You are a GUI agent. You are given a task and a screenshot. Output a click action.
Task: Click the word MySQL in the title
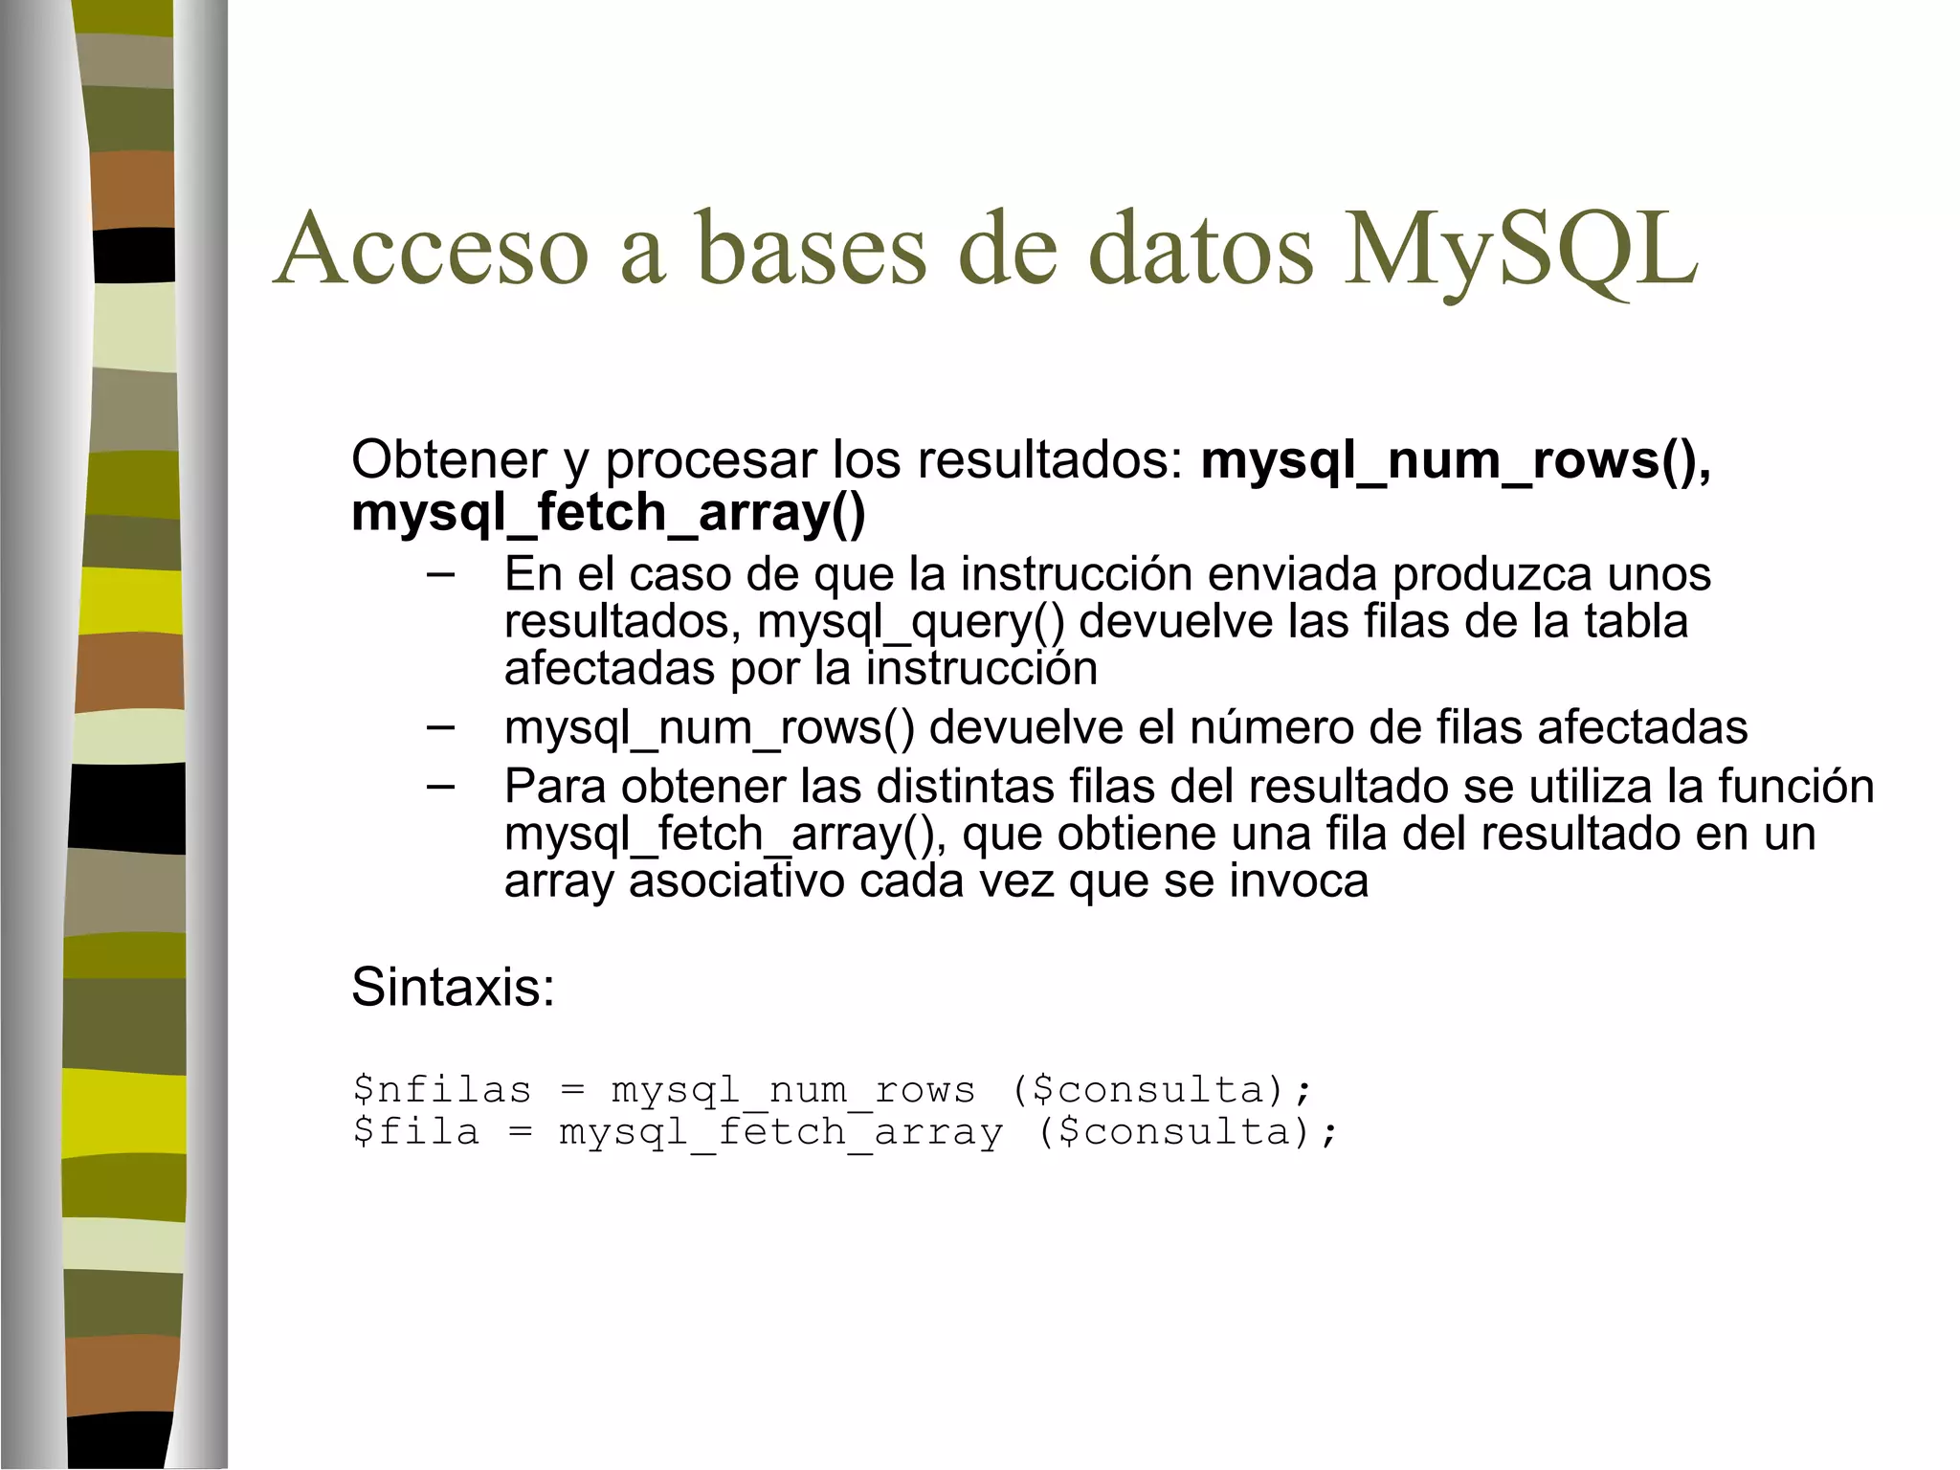pos(1521,250)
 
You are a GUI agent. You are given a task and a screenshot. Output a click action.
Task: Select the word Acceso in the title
pos(431,250)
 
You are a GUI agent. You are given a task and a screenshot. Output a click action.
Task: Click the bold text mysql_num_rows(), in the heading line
pos(1456,461)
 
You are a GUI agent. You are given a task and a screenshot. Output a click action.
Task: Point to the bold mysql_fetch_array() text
pos(608,513)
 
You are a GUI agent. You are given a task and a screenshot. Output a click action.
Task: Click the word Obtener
pos(449,460)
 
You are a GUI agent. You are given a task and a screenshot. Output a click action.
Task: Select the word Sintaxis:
pos(453,987)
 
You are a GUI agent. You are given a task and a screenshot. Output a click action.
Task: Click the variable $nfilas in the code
pos(441,1090)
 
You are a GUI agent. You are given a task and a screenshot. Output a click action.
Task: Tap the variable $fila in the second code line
pos(415,1132)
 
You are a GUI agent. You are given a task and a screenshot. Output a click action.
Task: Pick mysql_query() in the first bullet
pos(910,622)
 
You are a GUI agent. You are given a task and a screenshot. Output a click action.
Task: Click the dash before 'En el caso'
pos(440,574)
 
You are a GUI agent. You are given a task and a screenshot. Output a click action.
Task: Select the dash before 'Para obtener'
pos(440,787)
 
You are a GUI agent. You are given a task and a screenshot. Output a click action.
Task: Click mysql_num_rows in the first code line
pos(793,1090)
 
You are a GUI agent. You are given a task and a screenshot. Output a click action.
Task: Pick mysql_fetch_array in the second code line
pos(781,1132)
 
